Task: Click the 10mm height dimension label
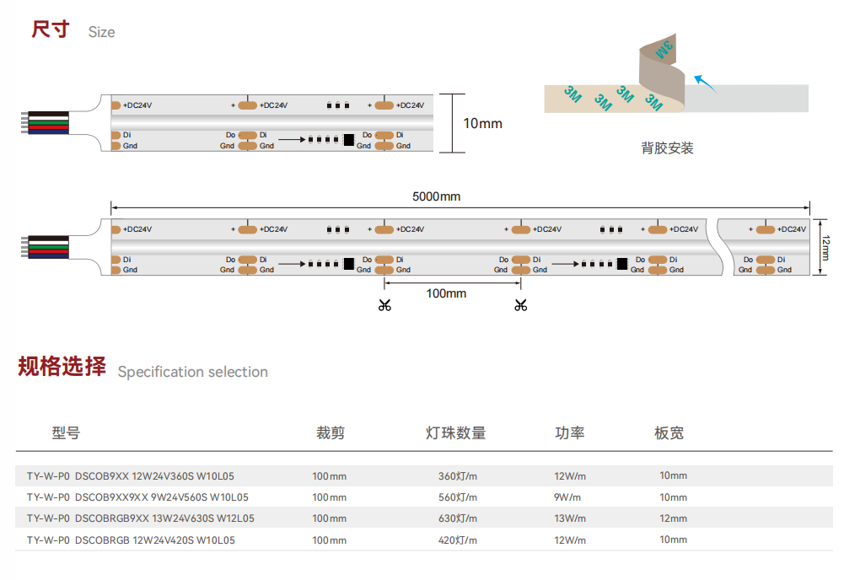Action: pos(482,124)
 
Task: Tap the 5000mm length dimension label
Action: pos(436,197)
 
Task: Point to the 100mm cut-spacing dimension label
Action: pos(446,293)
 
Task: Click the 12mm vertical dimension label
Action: pos(827,248)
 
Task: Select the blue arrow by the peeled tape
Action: pos(704,82)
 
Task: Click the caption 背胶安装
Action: pos(667,148)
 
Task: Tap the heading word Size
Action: pos(101,32)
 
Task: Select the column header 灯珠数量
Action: pos(456,433)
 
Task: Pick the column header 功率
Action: pos(569,433)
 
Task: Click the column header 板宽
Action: pos(669,433)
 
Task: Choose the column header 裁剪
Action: pos(331,433)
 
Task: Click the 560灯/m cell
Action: pos(457,497)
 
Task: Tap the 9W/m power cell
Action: pos(567,497)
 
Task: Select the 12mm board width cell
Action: pos(673,518)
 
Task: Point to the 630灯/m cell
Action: pos(457,518)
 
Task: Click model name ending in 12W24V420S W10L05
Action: pos(131,540)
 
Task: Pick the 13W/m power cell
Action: pos(569,518)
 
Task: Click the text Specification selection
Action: pos(192,372)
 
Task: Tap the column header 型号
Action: pos(66,433)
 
